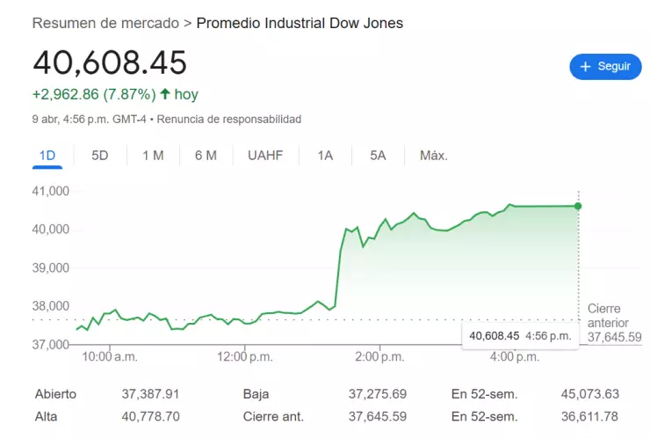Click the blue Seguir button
tap(605, 66)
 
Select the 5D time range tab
tap(100, 156)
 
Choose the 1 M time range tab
tap(153, 156)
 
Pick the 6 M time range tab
tap(206, 156)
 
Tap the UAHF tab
tap(265, 156)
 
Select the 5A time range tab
tap(378, 156)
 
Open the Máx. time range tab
tap(434, 156)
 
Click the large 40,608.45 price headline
tap(110, 63)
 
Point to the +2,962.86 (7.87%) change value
tap(94, 94)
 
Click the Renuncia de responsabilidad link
tap(230, 119)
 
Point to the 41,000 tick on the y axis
tap(52, 191)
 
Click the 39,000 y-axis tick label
tap(52, 267)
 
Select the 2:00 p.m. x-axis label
tap(379, 357)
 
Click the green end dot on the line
tap(578, 206)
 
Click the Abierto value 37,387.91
tap(150, 394)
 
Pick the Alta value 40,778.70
tap(150, 416)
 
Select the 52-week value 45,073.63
tap(589, 394)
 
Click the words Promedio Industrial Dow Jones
tap(300, 23)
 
